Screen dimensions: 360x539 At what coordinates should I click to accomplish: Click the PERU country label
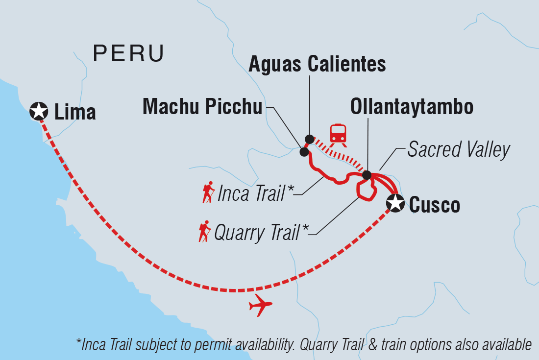click(128, 53)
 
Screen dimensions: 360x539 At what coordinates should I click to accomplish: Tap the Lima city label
click(75, 112)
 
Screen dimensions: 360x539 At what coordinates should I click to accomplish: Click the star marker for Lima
click(39, 111)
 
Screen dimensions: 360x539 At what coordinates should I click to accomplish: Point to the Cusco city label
click(434, 205)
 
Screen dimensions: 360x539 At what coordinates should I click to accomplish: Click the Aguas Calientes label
click(317, 64)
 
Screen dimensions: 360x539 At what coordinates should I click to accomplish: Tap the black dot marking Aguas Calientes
click(309, 139)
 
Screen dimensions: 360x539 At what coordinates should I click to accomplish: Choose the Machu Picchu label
click(202, 107)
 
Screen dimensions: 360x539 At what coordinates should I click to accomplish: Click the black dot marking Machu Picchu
click(304, 152)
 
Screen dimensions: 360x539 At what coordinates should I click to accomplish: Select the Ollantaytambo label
click(412, 107)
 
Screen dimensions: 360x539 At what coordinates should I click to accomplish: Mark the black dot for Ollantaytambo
click(367, 175)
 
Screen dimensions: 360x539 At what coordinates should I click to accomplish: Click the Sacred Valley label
click(459, 150)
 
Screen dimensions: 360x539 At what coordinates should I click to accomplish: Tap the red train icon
click(339, 134)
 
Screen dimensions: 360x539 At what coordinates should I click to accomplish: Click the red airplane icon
click(260, 306)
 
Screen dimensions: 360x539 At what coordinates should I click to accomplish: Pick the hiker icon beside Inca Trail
click(209, 192)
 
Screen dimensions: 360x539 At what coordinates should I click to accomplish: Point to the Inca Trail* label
click(253, 193)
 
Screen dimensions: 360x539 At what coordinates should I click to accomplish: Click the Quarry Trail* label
click(257, 233)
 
